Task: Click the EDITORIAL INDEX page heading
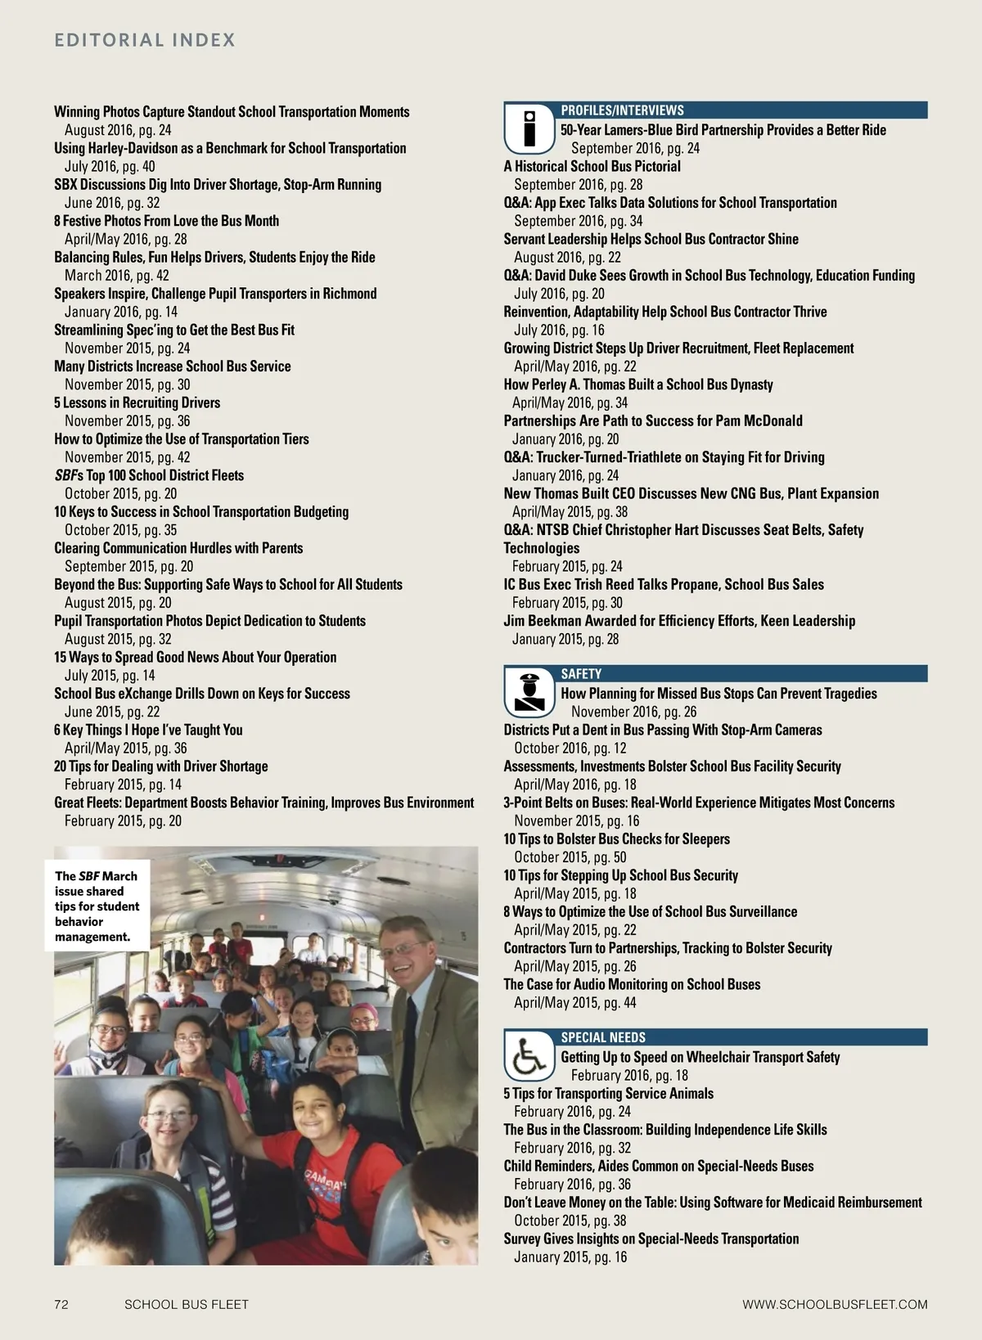pos(145,40)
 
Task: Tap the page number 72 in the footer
pos(61,1304)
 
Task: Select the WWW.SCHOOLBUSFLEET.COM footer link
pos(835,1304)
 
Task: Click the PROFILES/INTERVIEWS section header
pos(622,110)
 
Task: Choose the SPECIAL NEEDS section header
pos(603,1037)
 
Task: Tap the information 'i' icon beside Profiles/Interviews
pos(529,129)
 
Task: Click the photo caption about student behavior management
pos(97,906)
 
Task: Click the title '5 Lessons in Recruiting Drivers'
pos(137,402)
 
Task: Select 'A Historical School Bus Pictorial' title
pos(592,166)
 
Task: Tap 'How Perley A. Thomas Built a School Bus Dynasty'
pos(638,384)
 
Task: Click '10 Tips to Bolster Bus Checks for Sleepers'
pos(616,839)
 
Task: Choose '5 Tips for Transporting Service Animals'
pos(608,1094)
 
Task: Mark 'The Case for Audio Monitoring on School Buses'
pos(632,985)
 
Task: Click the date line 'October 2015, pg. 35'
pos(120,530)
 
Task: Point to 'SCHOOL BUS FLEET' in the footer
pos(186,1304)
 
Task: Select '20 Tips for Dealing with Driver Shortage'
pos(161,767)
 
